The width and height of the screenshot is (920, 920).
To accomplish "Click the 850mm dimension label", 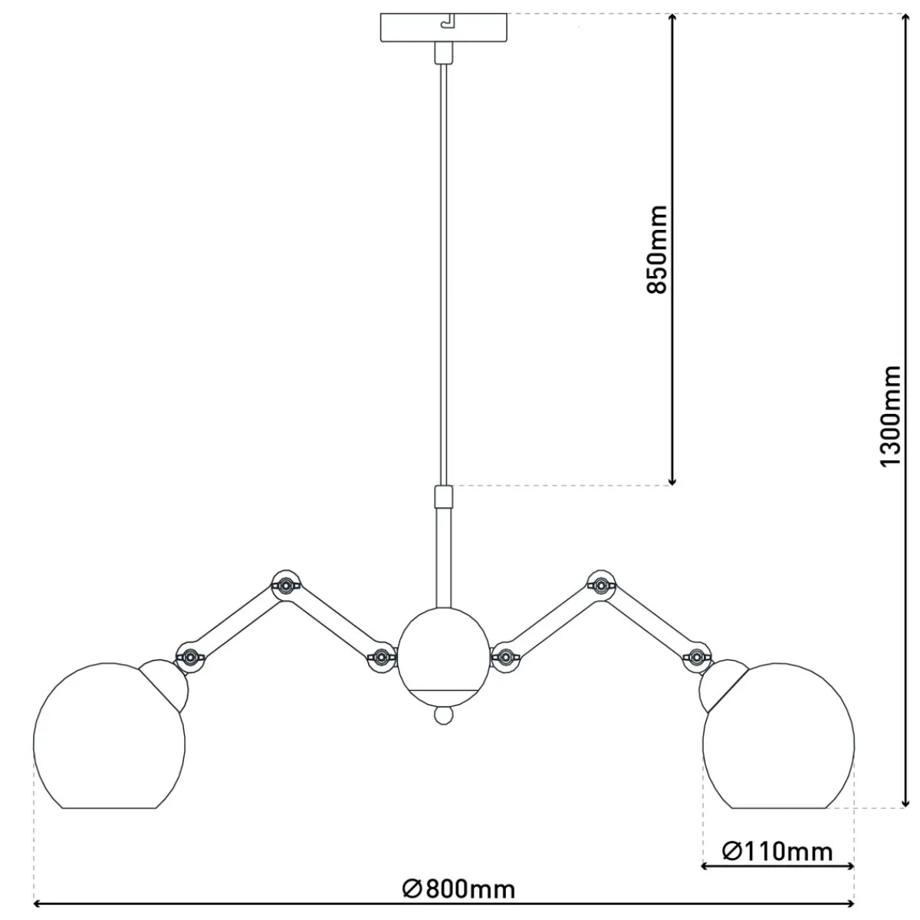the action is (x=656, y=250).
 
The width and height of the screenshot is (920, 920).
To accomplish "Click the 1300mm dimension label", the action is (x=890, y=416).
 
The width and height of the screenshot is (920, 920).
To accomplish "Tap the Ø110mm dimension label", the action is (x=777, y=851).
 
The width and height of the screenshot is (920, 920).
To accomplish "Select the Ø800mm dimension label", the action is (x=458, y=889).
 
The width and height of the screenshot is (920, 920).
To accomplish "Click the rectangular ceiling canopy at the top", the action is (x=443, y=28).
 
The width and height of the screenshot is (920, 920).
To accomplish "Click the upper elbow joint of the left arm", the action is (x=285, y=584).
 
